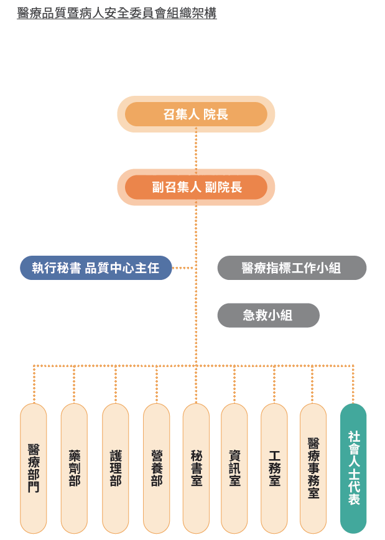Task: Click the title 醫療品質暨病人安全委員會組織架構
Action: [117, 12]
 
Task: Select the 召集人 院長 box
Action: [196, 114]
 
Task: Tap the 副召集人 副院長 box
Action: [196, 187]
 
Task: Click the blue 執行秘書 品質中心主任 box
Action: [96, 268]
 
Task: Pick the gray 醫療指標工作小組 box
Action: [292, 268]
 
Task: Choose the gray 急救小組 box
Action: [268, 315]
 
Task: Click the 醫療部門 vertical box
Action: [34, 468]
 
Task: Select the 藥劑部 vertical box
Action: [74, 468]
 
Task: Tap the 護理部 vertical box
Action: [115, 468]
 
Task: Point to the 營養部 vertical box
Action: [156, 468]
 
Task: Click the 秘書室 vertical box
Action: [196, 468]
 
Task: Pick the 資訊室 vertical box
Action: [234, 468]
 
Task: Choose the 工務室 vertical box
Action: [274, 468]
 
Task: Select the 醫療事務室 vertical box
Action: [313, 468]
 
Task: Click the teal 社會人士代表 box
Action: [353, 468]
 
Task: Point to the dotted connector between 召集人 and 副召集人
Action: [196, 150]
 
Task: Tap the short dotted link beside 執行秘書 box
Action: [182, 268]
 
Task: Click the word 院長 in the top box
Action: [216, 114]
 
